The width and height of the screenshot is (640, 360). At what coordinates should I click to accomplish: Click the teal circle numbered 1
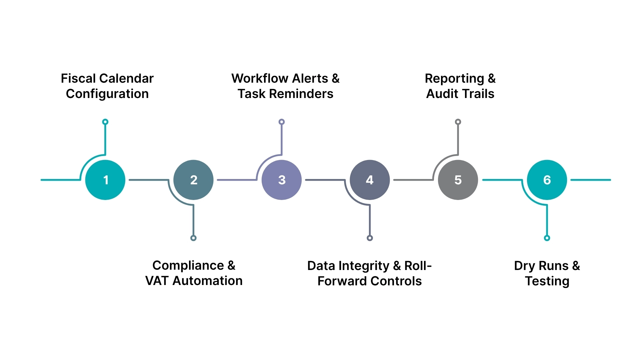click(105, 180)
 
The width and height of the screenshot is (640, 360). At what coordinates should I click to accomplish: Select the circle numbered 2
click(193, 180)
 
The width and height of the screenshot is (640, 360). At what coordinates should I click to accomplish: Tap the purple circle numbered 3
click(282, 180)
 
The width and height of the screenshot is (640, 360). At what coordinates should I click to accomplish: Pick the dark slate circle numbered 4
click(370, 180)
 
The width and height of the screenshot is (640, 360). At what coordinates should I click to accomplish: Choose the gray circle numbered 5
click(458, 180)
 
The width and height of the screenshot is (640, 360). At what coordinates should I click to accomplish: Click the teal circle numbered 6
click(547, 180)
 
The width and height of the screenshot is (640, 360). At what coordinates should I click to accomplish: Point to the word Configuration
click(107, 94)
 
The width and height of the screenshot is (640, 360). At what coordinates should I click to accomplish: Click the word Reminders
click(301, 94)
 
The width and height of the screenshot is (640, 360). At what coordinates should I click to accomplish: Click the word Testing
click(547, 281)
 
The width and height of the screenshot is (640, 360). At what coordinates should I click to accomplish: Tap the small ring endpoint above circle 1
click(105, 122)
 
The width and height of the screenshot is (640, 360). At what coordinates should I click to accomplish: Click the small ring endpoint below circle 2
click(193, 238)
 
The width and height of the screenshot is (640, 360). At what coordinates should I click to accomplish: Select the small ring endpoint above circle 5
click(458, 122)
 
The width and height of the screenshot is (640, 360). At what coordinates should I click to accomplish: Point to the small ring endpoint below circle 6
click(547, 238)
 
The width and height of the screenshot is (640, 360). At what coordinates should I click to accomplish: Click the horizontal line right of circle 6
click(591, 180)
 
